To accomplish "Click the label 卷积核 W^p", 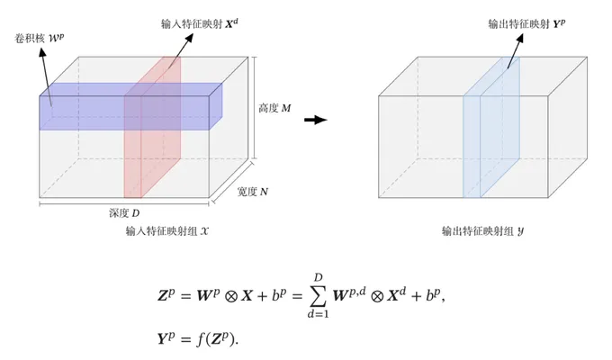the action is coord(40,39).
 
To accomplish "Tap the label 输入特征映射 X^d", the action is coord(200,23).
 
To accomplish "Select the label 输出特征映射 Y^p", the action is coord(526,23).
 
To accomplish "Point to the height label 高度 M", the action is coord(274,108).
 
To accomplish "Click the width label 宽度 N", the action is coord(253,192).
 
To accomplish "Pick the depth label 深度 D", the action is coord(124,213).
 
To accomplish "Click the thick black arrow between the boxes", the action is coord(316,120).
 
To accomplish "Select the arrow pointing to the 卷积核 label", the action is coord(46,76).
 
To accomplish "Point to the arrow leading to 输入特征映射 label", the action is coord(181,50).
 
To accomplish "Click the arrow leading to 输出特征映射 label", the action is coord(515,50).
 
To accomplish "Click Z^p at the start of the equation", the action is coord(166,295).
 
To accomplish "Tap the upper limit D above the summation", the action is coord(319,277).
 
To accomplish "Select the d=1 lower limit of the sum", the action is coord(318,313).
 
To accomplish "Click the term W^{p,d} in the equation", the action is coord(349,295).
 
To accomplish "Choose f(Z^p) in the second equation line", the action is coord(217,338).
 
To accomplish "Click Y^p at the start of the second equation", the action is coord(166,338).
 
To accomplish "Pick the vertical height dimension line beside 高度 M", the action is coord(255,108).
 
